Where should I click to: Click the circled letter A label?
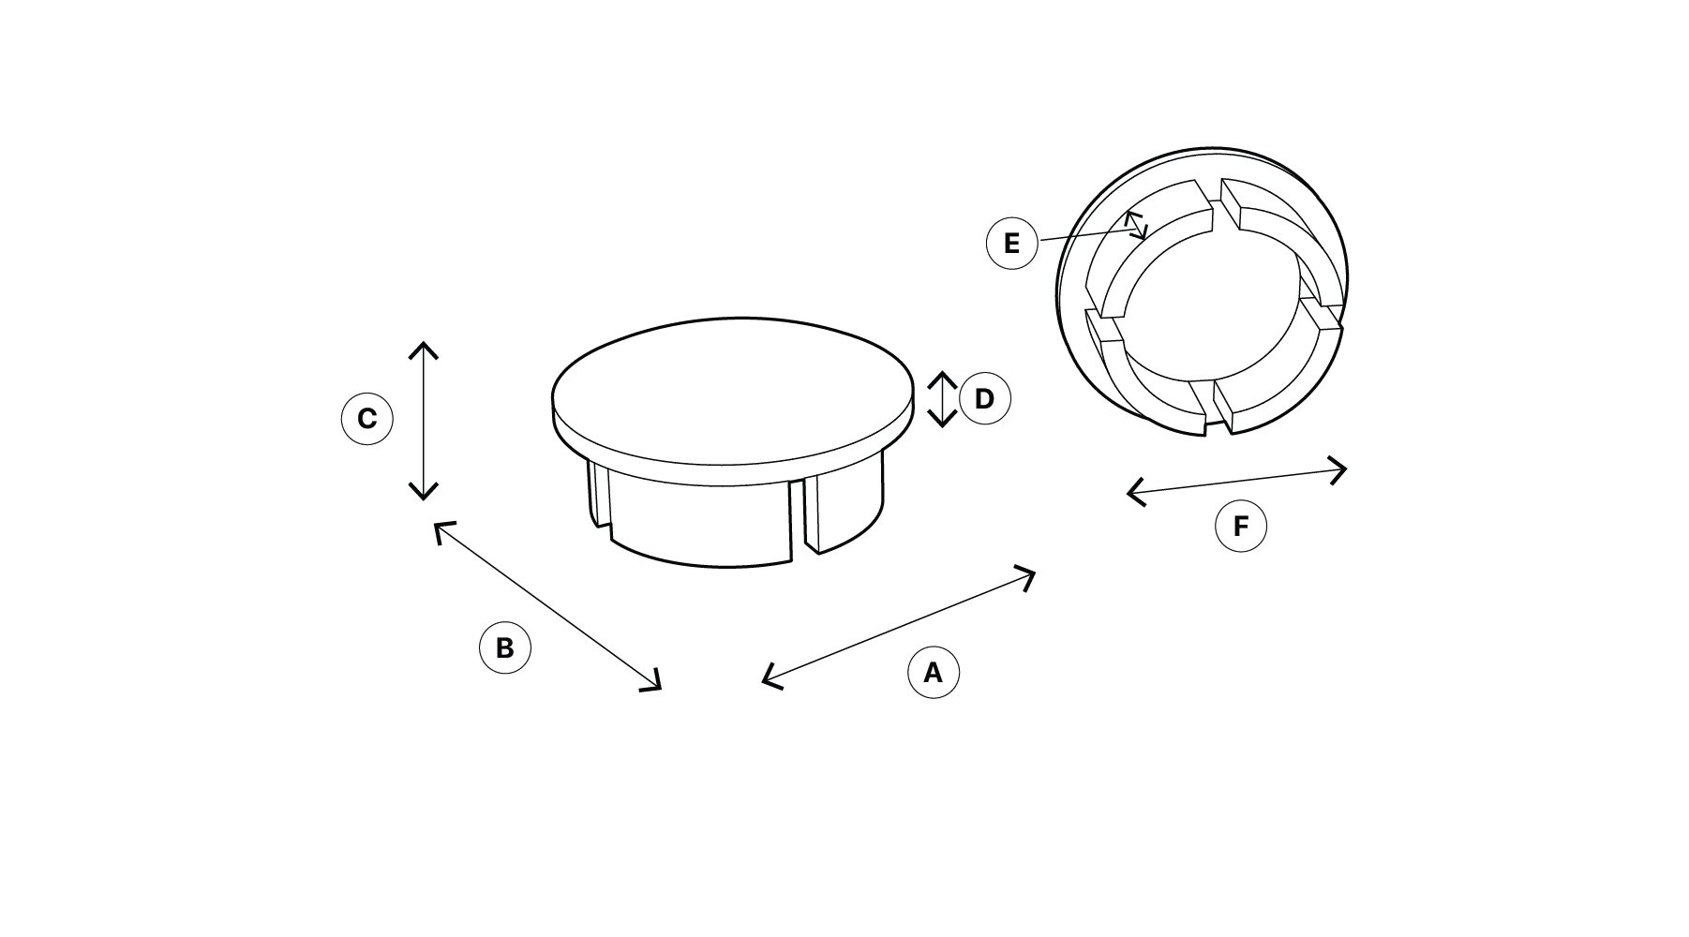(934, 673)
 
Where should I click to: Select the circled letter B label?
(504, 647)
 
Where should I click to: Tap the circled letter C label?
(366, 418)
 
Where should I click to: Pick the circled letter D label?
(984, 399)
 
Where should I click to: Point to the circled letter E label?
(1011, 244)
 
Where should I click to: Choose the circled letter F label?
(1241, 527)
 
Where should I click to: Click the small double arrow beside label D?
(942, 399)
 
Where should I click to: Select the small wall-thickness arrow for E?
(1136, 225)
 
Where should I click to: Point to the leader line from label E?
(1086, 235)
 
